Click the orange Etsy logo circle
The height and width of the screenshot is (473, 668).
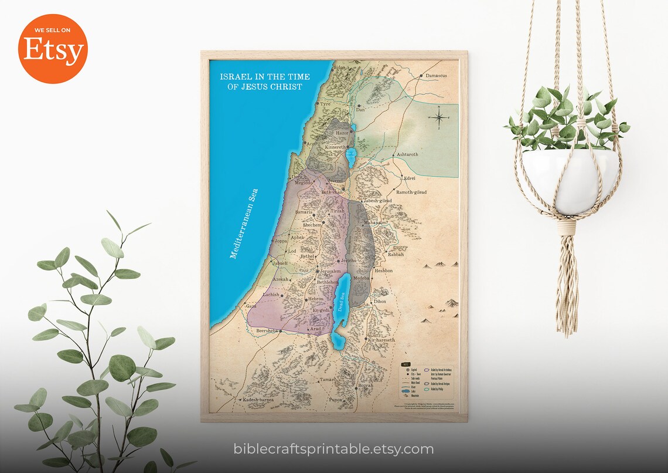(x=53, y=49)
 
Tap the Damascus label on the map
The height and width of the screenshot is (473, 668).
(x=436, y=76)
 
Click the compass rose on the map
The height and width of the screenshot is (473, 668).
(x=440, y=117)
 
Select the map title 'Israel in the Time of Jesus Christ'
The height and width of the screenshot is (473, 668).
(x=265, y=82)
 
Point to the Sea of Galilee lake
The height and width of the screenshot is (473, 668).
(x=351, y=158)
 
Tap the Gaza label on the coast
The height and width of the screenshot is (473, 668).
(x=251, y=306)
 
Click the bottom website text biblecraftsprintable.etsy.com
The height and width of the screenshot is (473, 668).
(x=333, y=450)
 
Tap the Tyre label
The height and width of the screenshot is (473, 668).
(x=325, y=104)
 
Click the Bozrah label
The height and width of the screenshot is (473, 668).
(x=365, y=386)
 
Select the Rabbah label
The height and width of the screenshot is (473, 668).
(x=396, y=255)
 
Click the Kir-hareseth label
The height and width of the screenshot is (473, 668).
(x=381, y=340)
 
